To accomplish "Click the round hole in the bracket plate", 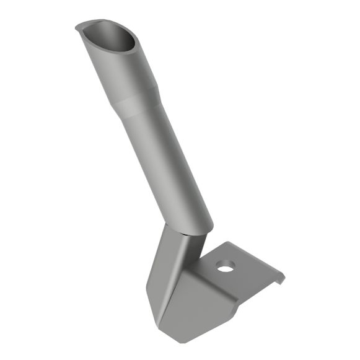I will tap(226, 266).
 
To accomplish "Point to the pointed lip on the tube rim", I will tap(79, 27).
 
